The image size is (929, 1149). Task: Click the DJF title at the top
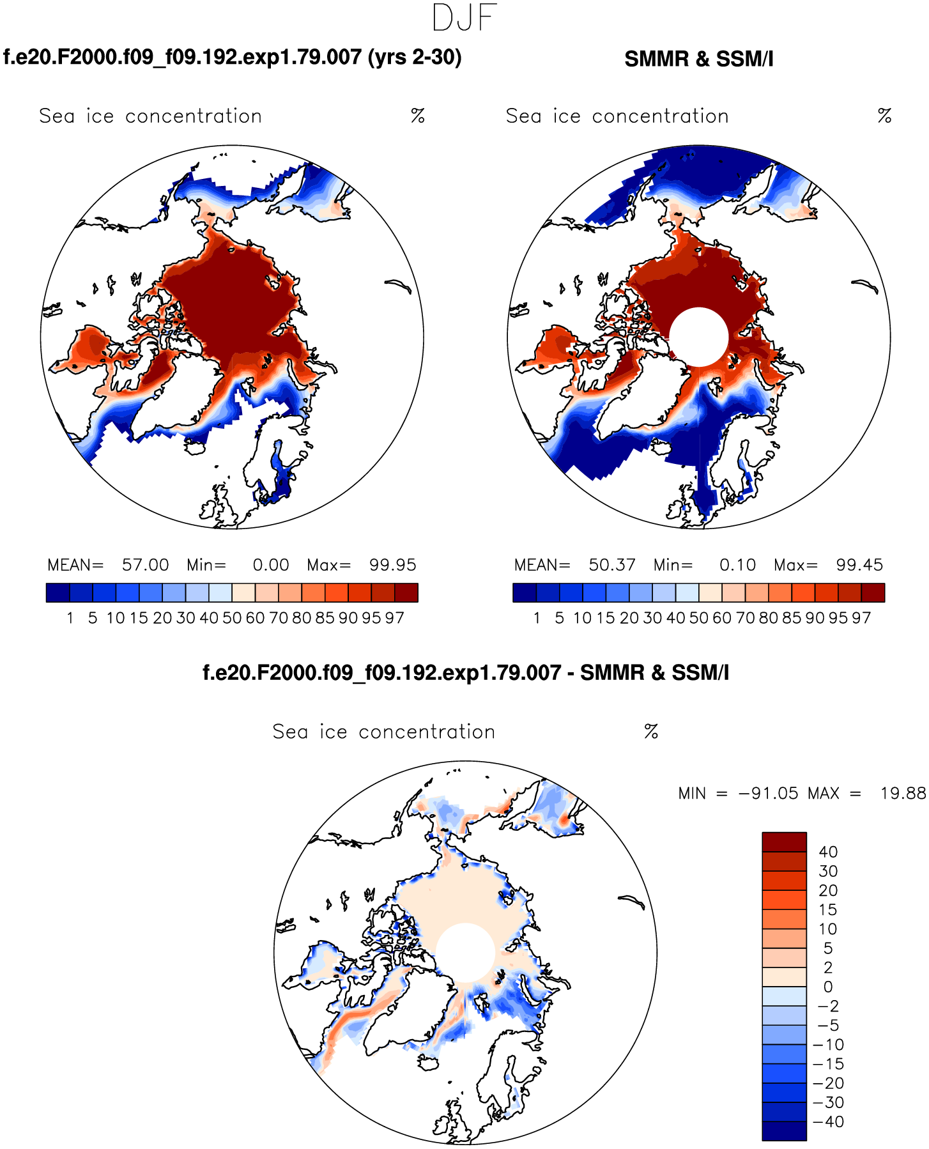464,18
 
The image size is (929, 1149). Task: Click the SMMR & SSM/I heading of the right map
698,59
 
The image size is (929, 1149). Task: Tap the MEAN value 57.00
146,565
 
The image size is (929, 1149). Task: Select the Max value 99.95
392,565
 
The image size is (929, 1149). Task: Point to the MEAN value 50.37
612,565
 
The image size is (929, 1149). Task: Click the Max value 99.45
859,565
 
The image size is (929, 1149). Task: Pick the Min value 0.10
737,565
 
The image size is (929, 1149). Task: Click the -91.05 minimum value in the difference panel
769,793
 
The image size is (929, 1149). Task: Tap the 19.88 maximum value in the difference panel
903,793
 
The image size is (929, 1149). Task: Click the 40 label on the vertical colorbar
828,852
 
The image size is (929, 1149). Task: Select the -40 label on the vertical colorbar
828,1122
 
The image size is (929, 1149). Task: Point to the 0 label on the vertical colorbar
828,987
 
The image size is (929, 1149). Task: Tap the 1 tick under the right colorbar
537,618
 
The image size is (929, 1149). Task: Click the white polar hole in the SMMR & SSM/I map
698,337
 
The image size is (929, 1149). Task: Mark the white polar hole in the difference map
465,952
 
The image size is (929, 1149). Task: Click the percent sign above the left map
418,116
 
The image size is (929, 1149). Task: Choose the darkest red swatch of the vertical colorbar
784,842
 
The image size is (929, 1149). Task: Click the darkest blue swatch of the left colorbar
58,592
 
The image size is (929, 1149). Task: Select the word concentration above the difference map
427,732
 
